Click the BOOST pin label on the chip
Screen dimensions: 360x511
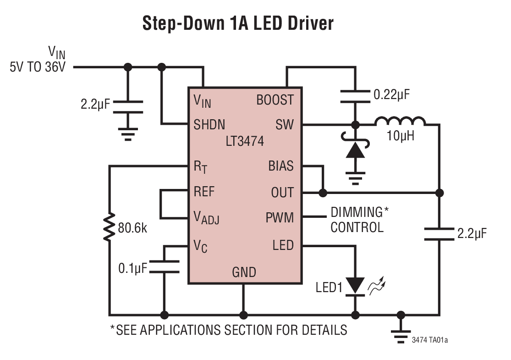(x=275, y=100)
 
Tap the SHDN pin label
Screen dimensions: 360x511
(x=209, y=124)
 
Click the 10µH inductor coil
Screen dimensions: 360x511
(x=400, y=122)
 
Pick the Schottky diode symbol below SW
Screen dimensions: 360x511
(x=355, y=149)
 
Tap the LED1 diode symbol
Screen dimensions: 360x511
(x=355, y=285)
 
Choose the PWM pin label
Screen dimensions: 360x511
(x=280, y=217)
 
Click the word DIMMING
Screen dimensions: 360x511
(x=357, y=212)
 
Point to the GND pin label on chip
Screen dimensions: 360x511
(x=244, y=272)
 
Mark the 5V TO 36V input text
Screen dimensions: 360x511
(x=38, y=66)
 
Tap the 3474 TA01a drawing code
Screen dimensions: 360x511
(x=430, y=340)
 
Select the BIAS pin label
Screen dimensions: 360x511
(x=281, y=166)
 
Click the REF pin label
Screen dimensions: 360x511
(x=204, y=191)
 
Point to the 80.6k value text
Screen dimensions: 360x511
(x=133, y=228)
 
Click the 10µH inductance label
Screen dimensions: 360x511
(x=400, y=136)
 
